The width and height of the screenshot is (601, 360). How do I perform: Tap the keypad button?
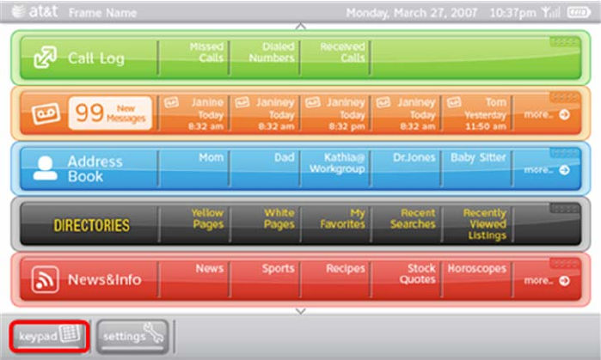point(48,336)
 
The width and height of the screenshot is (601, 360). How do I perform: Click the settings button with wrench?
point(132,336)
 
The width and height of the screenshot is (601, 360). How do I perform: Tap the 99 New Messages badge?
point(110,113)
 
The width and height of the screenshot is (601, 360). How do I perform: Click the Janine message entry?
point(193,113)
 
